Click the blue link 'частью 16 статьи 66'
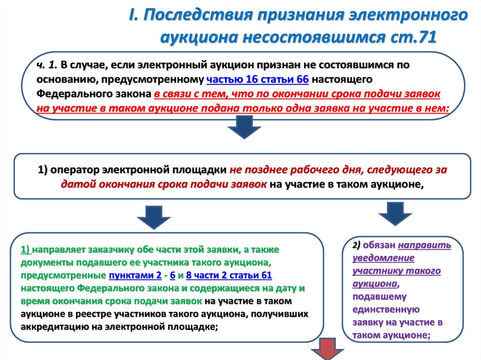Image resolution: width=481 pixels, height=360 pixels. (257, 79)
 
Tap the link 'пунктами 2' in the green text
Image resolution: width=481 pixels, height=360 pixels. (135, 276)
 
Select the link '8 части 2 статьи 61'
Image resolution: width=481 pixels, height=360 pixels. (229, 276)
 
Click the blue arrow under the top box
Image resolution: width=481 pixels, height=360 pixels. (244, 127)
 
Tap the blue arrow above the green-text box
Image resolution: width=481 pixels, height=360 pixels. (154, 217)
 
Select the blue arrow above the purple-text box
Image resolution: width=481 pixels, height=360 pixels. (395, 214)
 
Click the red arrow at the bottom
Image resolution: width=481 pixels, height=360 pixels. (327, 349)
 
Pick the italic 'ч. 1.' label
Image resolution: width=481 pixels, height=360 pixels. (47, 65)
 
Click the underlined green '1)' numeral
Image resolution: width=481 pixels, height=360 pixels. (25, 250)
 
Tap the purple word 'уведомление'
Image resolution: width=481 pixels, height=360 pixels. (383, 258)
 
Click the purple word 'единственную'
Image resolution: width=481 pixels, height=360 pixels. (386, 310)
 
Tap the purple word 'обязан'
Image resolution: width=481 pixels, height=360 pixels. (379, 245)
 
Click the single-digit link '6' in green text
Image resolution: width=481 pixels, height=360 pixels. (173, 276)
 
